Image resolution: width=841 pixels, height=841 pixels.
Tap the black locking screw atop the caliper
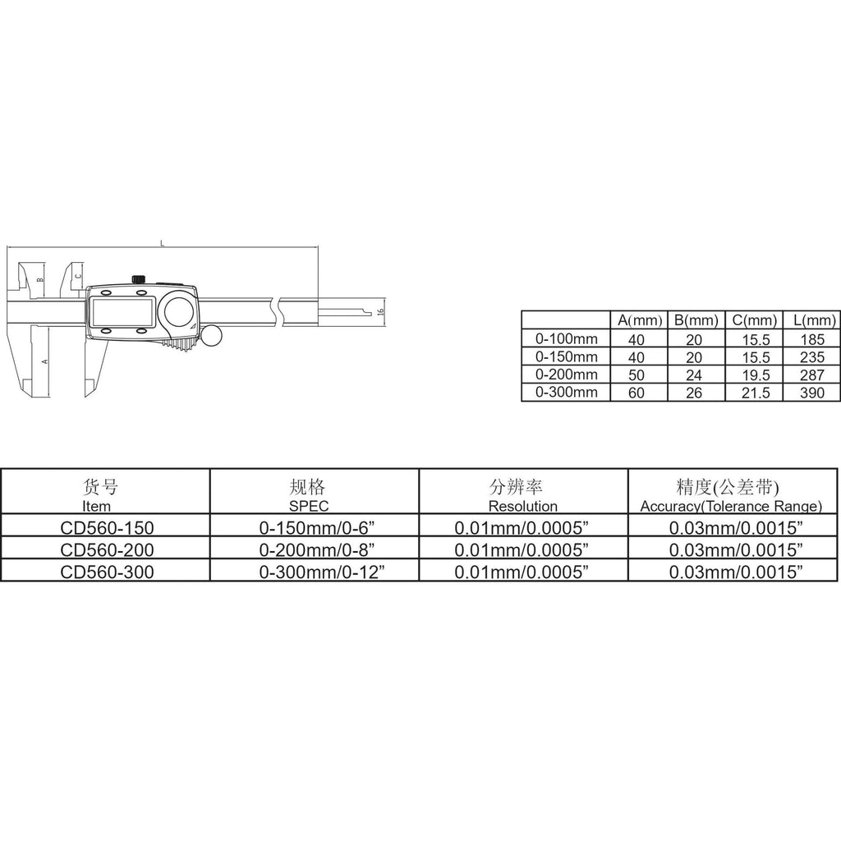pyautogui.click(x=138, y=279)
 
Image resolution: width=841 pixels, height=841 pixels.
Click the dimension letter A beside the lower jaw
pyautogui.click(x=45, y=361)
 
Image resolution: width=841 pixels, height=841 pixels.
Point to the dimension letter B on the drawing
pyautogui.click(x=39, y=280)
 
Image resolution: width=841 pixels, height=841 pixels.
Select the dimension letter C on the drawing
pyautogui.click(x=78, y=276)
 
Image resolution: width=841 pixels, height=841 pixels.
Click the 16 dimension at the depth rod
pyautogui.click(x=381, y=311)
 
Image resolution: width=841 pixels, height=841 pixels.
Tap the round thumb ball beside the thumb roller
pyautogui.click(x=211, y=336)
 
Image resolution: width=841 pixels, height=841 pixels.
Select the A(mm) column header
pyautogui.click(x=640, y=321)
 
